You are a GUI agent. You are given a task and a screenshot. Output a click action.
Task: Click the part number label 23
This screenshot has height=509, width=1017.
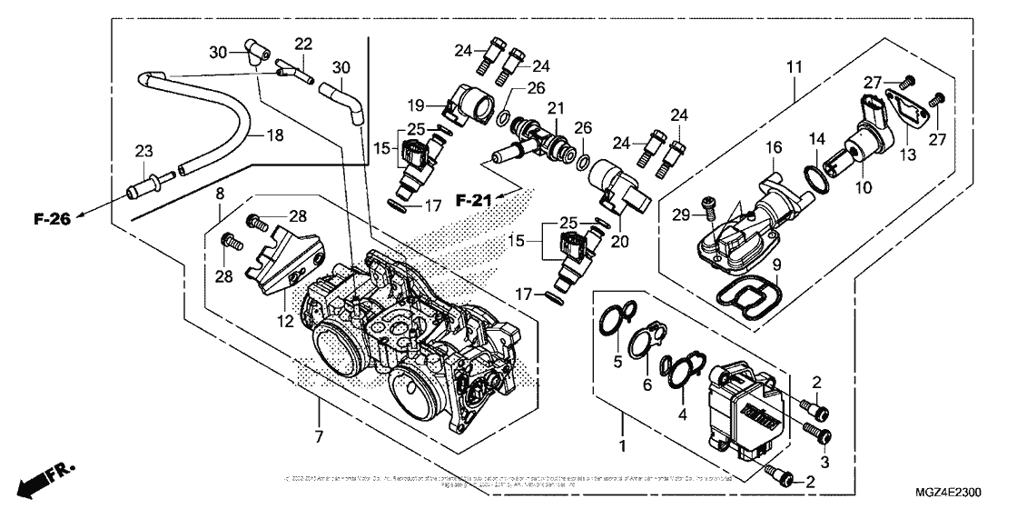(143, 152)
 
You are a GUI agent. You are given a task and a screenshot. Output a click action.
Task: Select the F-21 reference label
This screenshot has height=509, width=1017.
(472, 200)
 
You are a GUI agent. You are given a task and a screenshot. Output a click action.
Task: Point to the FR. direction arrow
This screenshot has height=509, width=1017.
(46, 475)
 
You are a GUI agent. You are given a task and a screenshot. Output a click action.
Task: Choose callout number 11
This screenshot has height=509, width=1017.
(795, 68)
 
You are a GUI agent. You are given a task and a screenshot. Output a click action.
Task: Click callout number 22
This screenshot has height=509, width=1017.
(303, 45)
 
